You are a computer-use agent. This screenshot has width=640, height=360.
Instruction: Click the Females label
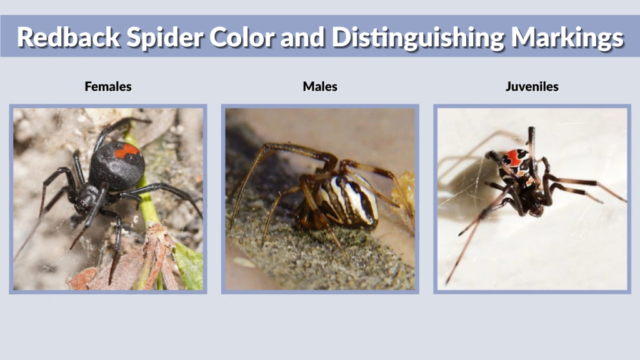point(108,87)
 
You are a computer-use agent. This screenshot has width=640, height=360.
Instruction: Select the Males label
point(320,87)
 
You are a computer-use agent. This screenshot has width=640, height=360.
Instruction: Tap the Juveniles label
point(532,87)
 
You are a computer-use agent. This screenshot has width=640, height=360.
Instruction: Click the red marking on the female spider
point(127,151)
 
